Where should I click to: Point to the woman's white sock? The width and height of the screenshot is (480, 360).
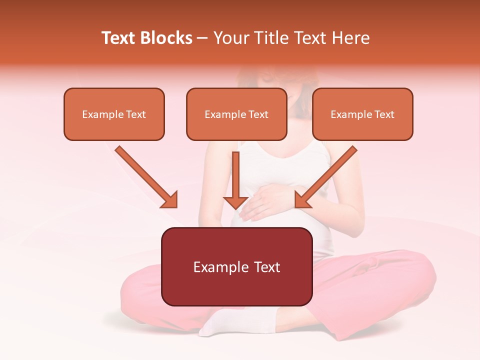(x=225, y=322)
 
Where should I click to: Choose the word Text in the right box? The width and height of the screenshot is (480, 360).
(x=384, y=114)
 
